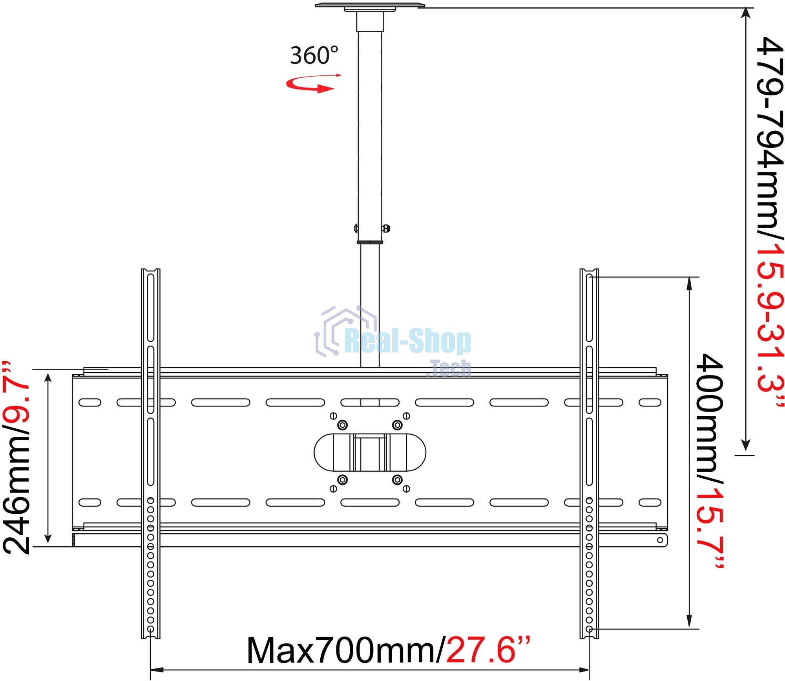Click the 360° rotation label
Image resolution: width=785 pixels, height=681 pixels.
click(314, 55)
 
